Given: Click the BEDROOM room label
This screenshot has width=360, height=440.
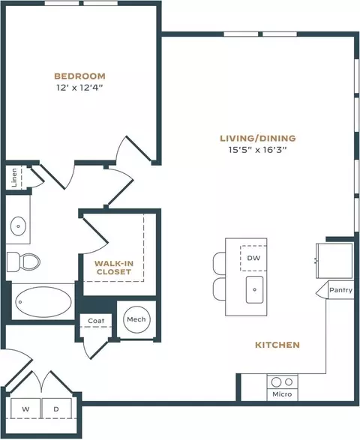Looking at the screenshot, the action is [79, 76].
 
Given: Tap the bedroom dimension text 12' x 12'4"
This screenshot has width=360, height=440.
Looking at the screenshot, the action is [79, 88].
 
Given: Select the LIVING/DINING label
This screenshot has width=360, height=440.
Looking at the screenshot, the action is [258, 139].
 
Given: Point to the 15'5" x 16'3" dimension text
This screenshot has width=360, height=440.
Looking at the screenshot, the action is [257, 150].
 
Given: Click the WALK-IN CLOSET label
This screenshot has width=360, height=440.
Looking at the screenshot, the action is [114, 268].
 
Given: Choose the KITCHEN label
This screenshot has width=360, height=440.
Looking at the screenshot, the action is [277, 345].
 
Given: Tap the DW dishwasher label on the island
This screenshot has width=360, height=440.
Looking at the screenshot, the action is [253, 258].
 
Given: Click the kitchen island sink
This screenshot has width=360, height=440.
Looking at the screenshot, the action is [255, 289].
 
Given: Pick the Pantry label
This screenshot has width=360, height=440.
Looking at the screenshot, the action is [341, 290].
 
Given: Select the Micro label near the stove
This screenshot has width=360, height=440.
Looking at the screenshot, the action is [282, 394].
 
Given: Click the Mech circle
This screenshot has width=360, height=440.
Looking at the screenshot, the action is [136, 319].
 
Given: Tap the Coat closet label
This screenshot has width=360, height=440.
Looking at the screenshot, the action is [96, 321].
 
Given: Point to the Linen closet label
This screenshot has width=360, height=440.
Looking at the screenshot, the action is [14, 178].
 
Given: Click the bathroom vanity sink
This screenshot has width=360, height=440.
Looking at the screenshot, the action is [19, 226].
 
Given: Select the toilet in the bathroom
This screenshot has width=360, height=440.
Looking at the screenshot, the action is [23, 262].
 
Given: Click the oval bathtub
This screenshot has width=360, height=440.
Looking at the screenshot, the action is [43, 302].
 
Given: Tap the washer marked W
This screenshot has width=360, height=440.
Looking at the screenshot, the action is [25, 409].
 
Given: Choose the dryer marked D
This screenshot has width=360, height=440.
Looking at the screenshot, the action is [56, 409].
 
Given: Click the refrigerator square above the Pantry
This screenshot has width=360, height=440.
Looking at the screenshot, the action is [334, 261].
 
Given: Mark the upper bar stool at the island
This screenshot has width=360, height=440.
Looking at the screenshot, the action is [219, 263].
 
